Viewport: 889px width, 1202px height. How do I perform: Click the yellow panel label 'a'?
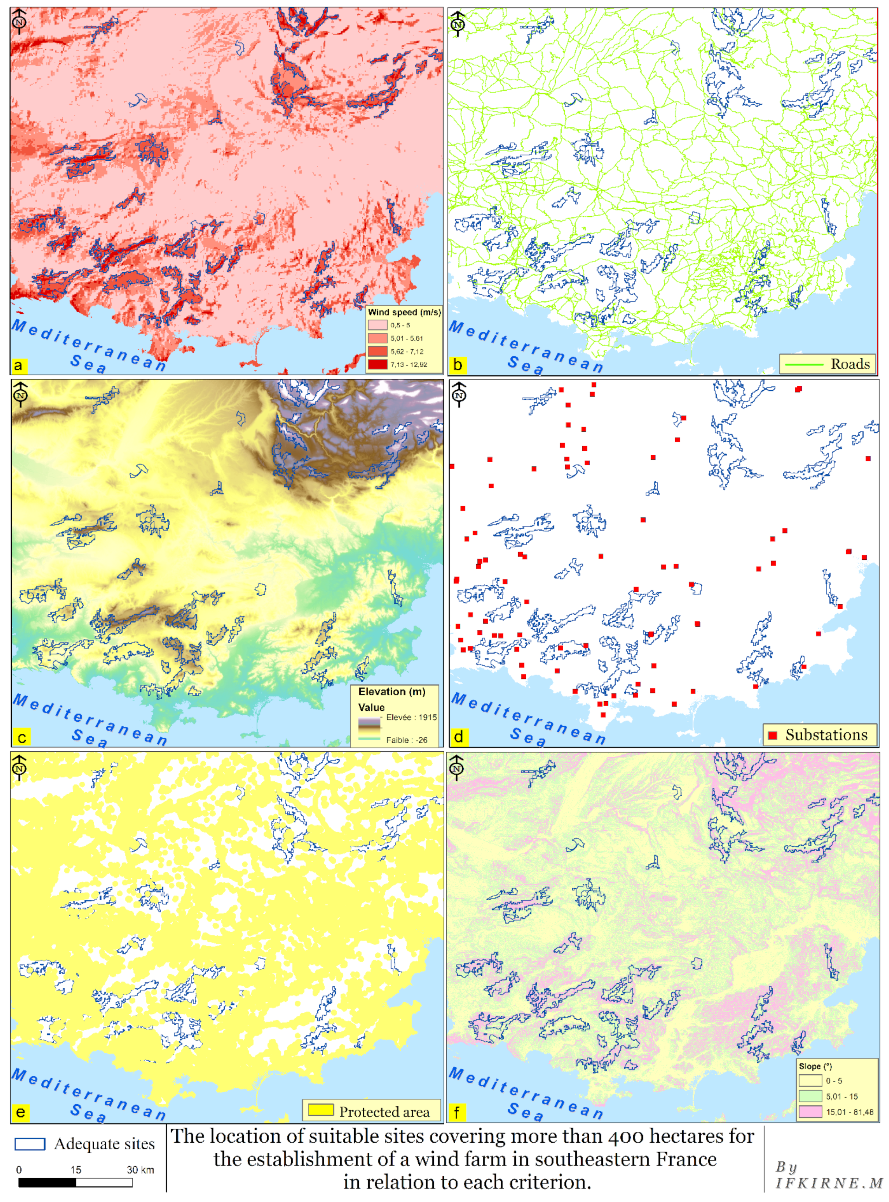click(x=18, y=365)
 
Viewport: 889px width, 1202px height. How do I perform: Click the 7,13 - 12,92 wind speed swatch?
click(x=377, y=364)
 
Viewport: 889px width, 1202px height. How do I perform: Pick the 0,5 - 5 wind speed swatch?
click(x=377, y=325)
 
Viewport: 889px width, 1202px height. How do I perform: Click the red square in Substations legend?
click(x=773, y=735)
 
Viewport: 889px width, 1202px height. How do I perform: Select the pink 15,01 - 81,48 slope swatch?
click(x=810, y=1112)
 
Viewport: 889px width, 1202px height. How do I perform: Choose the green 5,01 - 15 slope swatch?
click(x=810, y=1096)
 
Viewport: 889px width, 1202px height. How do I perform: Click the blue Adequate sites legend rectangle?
click(x=30, y=1144)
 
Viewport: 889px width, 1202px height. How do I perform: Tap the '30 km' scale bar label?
click(x=140, y=1170)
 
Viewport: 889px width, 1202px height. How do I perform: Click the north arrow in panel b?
click(x=457, y=24)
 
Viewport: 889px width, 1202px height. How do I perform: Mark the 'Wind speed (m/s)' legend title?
click(x=404, y=312)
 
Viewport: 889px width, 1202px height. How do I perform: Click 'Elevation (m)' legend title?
click(x=392, y=692)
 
